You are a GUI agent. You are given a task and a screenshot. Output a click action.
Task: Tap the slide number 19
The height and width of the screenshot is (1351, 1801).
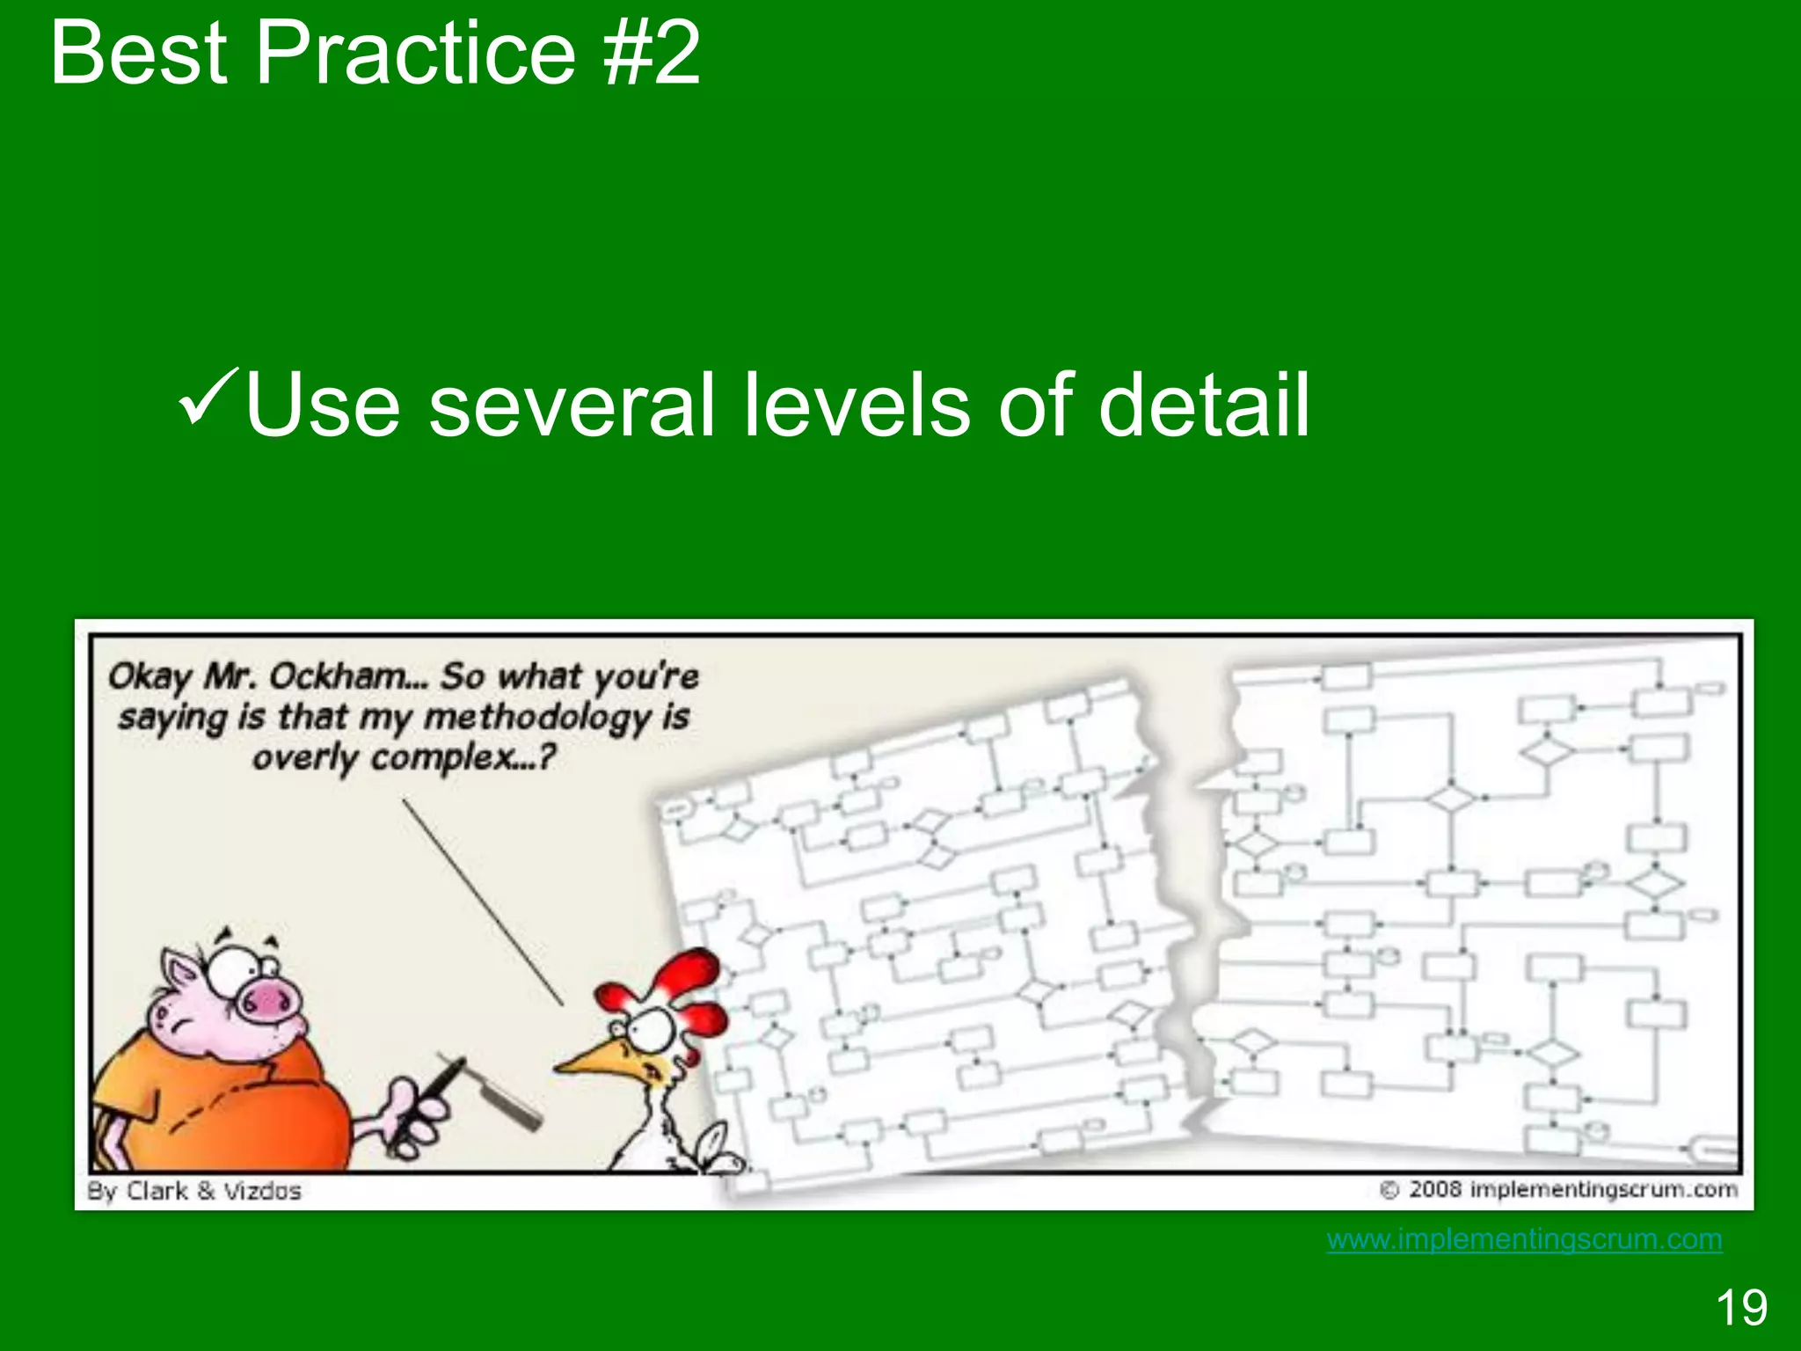pos(1740,1307)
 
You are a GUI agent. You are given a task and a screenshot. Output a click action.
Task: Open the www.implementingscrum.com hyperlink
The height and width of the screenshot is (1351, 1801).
pos(1524,1239)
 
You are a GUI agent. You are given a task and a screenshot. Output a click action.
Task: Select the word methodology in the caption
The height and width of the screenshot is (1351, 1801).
pos(540,718)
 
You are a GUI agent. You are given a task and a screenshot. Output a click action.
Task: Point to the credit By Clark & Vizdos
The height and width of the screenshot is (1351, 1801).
pos(194,1191)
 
